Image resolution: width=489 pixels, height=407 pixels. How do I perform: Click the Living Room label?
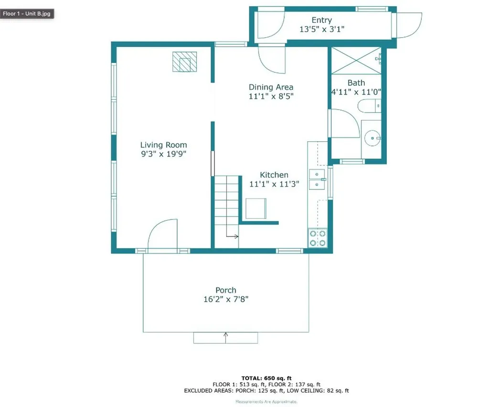163,145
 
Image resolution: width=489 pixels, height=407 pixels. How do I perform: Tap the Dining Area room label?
271,87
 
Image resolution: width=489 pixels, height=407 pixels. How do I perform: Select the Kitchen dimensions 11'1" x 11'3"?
274,184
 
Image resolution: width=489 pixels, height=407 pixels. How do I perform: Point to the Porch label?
225,290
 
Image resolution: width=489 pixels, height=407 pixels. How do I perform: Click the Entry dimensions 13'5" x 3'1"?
321,29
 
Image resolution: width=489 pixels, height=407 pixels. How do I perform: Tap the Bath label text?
356,83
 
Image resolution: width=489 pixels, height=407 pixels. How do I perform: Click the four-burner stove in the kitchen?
318,238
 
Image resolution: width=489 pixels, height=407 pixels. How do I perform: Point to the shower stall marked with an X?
356,61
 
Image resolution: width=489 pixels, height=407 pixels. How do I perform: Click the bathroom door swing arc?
345,123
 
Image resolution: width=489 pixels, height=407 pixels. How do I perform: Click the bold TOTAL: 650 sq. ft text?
266,377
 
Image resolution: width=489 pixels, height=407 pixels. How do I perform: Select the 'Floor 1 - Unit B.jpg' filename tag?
27,13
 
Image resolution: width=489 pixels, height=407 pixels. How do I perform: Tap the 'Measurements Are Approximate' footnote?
266,402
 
